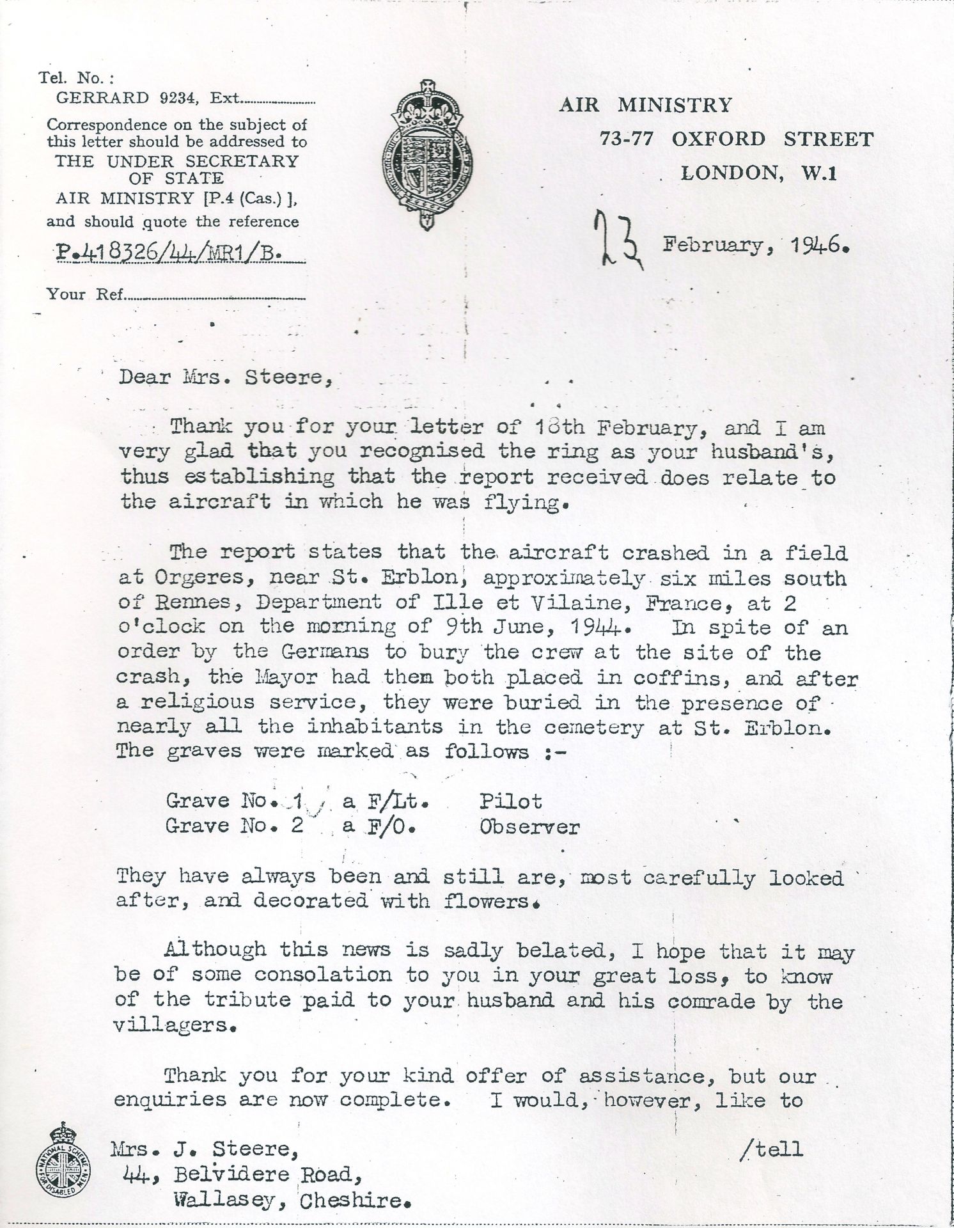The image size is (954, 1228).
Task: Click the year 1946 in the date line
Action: [813, 245]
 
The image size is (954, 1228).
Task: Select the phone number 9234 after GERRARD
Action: [172, 98]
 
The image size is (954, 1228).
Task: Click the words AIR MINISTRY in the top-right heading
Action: [645, 104]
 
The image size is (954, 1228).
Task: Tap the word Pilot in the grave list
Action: [510, 801]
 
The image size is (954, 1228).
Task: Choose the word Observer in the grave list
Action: [529, 826]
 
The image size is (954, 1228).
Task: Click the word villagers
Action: [174, 1025]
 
